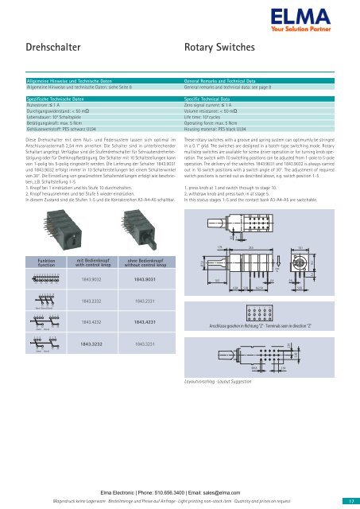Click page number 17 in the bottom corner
tap(350, 501)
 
